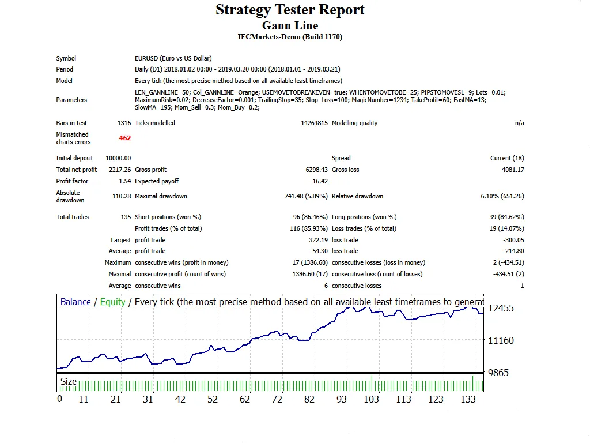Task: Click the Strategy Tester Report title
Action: point(290,10)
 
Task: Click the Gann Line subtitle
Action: point(290,25)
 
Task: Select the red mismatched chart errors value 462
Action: point(125,138)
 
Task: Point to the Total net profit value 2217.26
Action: point(119,170)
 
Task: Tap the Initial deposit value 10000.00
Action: point(118,158)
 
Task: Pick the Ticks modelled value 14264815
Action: point(314,123)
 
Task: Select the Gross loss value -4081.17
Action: point(512,170)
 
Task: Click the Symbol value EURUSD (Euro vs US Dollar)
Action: point(173,58)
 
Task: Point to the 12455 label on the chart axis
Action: point(501,308)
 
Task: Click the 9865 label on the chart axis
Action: point(498,373)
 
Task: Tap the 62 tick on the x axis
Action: point(245,399)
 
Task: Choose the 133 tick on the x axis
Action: point(468,399)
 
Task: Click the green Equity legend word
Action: point(112,302)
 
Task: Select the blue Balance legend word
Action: point(75,302)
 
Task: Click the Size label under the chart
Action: point(69,381)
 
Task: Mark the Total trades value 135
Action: point(125,217)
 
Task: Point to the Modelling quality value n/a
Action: point(519,123)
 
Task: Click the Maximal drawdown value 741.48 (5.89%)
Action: point(306,196)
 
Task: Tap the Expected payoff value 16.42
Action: point(320,181)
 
